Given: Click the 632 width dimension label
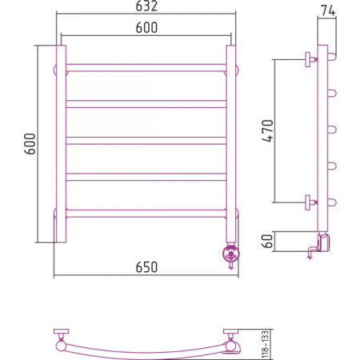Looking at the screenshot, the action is tap(146, 6).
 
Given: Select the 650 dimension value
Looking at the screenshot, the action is tap(146, 267).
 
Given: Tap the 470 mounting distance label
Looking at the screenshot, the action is tap(268, 130).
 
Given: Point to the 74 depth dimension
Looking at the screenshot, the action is tap(328, 10).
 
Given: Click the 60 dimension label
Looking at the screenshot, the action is tap(268, 241).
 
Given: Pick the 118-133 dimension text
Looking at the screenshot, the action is tap(265, 344).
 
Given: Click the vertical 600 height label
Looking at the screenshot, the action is tap(30, 144).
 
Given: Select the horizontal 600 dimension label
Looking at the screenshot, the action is tap(146, 27).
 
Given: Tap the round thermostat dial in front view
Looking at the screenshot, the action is tap(230, 254).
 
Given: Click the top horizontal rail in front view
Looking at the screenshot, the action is tap(146, 68).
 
